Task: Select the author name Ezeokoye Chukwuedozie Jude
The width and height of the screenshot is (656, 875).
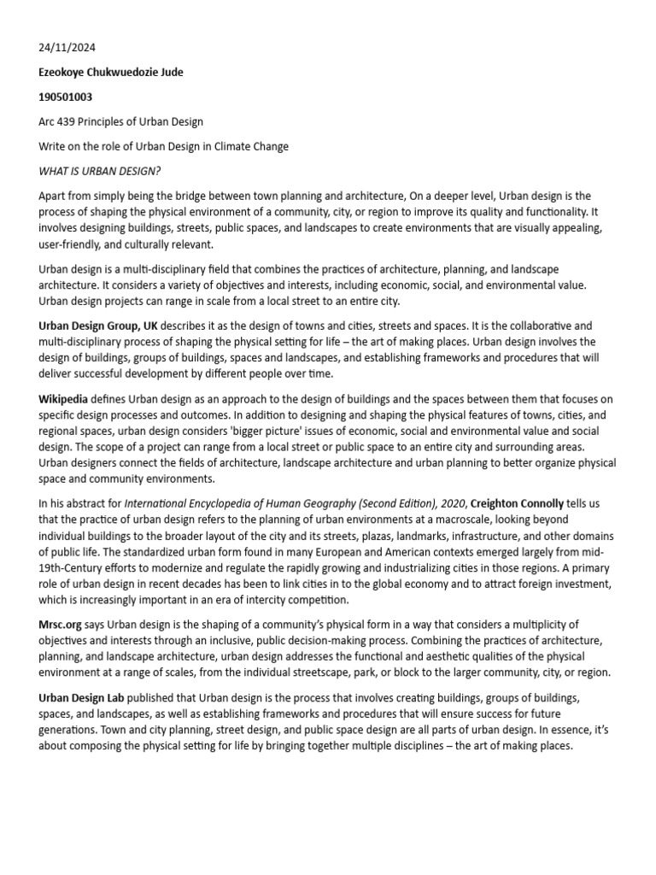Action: (110, 73)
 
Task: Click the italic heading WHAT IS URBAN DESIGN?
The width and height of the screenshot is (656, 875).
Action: (99, 171)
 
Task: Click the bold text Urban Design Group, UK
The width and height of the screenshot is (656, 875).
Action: (98, 326)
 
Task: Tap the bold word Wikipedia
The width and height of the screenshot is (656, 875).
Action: (63, 399)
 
